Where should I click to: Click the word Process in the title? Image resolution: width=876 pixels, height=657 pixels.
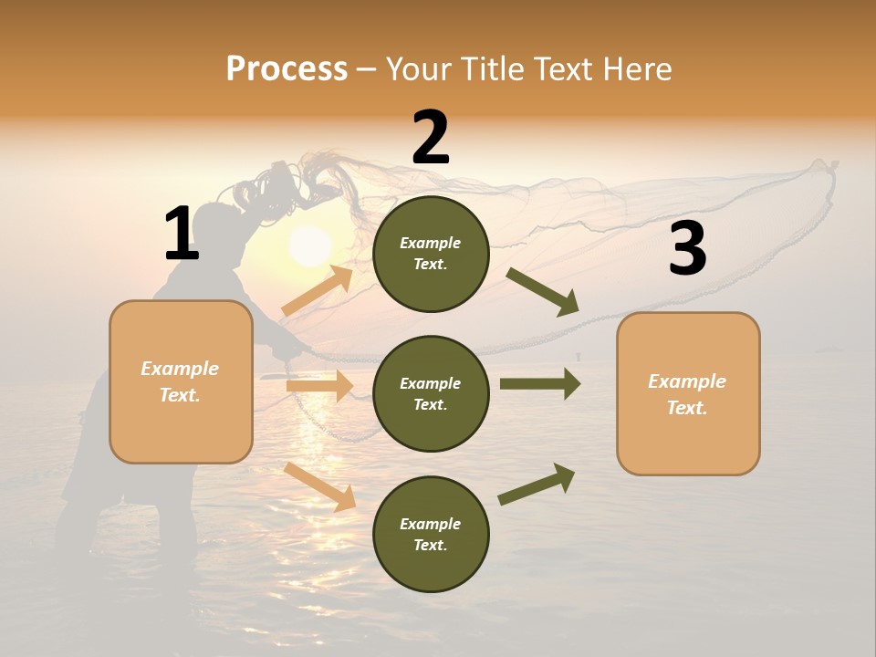pyautogui.click(x=287, y=69)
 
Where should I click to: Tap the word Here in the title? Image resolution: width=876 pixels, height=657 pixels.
pyautogui.click(x=636, y=69)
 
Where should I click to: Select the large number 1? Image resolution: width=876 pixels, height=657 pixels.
pyautogui.click(x=181, y=235)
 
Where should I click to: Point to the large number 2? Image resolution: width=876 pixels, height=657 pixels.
pyautogui.click(x=431, y=138)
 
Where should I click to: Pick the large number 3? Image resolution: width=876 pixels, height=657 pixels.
pyautogui.click(x=687, y=249)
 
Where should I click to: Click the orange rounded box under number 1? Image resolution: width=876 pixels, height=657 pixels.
pyautogui.click(x=181, y=381)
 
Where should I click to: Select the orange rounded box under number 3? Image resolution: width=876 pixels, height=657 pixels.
pyautogui.click(x=688, y=393)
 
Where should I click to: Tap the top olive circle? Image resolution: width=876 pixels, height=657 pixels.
pyautogui.click(x=431, y=254)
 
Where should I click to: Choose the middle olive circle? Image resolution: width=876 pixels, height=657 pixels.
pyautogui.click(x=431, y=393)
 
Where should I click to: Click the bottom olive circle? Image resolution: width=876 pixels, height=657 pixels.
pyautogui.click(x=431, y=534)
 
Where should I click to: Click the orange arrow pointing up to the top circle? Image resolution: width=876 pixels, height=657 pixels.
pyautogui.click(x=318, y=291)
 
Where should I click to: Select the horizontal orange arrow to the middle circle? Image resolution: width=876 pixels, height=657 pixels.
pyautogui.click(x=319, y=386)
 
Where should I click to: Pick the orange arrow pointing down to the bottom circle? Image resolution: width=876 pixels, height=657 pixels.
pyautogui.click(x=319, y=486)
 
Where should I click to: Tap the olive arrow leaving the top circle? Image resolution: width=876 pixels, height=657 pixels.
pyautogui.click(x=542, y=291)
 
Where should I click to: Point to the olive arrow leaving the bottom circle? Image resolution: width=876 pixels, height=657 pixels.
pyautogui.click(x=537, y=484)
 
